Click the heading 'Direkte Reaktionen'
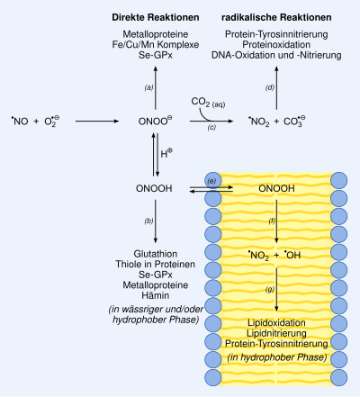pos(156,17)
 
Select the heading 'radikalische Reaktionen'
pos(276,17)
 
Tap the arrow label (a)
pos(148,87)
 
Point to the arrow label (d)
pos(270,87)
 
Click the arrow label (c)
pos(211,127)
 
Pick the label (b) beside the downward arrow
pos(148,221)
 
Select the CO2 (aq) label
pos(208,103)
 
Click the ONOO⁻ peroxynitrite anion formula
pos(156,121)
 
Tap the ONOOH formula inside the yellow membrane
pos(276,188)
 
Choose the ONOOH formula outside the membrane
pos(154,188)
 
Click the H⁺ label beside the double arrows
pos(166,153)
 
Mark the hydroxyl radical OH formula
pos(292,255)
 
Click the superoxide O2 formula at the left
pos(52,122)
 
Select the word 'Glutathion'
pos(156,254)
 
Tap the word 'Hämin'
pos(156,295)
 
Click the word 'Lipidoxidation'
pos(276,323)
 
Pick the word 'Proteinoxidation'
pos(276,44)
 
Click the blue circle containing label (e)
pos(213,181)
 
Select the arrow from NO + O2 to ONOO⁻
pos(97,122)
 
